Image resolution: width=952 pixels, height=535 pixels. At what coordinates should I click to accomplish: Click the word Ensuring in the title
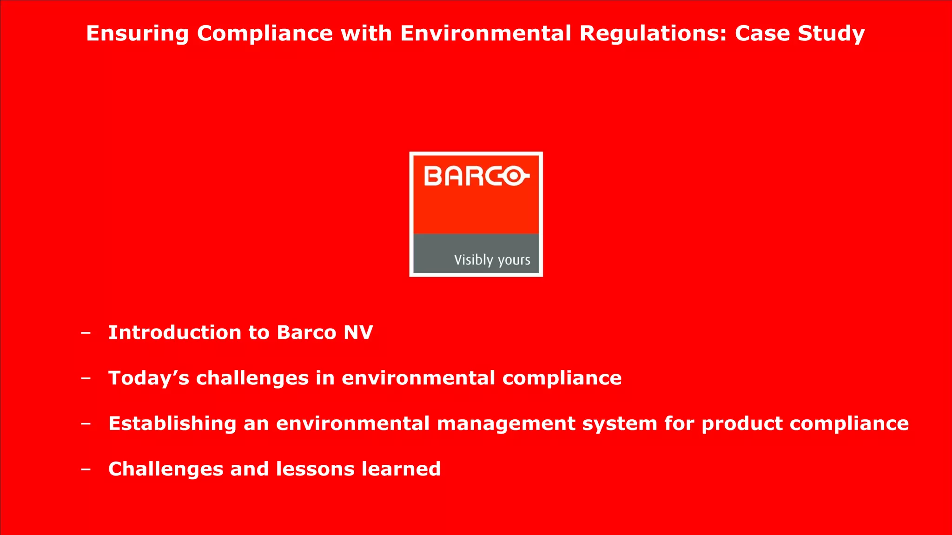tap(137, 34)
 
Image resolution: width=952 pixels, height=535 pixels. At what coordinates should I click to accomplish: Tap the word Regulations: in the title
tap(653, 34)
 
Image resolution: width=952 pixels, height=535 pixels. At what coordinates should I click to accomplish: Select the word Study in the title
tap(831, 34)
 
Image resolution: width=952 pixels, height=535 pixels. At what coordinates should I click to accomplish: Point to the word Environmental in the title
tap(485, 34)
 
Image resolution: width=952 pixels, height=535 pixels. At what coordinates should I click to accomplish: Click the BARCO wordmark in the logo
tap(476, 177)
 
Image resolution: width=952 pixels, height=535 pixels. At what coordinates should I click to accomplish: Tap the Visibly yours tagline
tap(492, 260)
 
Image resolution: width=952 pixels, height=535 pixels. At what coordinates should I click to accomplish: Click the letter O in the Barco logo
tap(515, 177)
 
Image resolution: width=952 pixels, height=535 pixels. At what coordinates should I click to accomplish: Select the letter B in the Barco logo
tap(433, 177)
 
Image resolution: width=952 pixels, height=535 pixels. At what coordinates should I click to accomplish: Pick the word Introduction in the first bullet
tap(175, 333)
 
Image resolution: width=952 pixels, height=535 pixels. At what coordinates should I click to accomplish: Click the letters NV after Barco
tap(358, 333)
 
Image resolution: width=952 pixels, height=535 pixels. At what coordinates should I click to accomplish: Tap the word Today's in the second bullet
tap(149, 378)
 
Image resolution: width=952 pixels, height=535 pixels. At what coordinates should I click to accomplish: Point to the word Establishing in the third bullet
tap(172, 424)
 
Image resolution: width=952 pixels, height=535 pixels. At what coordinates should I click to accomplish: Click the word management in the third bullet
tap(506, 424)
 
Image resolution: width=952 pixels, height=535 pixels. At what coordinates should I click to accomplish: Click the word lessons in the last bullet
tap(315, 469)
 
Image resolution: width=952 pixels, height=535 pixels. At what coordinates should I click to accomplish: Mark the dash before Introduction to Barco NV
tap(86, 333)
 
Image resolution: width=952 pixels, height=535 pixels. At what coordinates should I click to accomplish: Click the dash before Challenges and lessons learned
tap(86, 469)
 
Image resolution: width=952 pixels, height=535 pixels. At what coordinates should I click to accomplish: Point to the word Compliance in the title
tap(265, 34)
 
